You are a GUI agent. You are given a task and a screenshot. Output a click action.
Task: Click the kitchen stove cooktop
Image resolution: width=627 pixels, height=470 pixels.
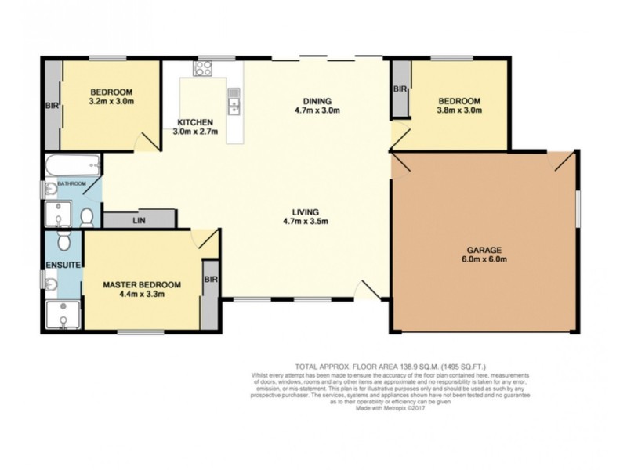pos(202,69)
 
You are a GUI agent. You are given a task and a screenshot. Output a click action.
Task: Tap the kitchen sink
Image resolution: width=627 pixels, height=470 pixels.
pos(234,101)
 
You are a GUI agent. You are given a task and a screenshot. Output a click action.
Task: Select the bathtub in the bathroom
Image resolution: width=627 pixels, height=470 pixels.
pos(71,166)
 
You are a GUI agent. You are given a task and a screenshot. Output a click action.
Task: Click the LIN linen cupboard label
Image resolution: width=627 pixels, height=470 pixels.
pos(140,221)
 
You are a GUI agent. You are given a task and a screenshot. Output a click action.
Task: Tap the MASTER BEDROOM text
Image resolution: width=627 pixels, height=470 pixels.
pos(142,284)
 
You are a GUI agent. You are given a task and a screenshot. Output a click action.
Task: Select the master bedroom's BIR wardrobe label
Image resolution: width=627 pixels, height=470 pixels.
pos(210,279)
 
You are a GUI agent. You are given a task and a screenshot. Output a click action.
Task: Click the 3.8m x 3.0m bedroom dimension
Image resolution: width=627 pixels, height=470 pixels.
pos(459,110)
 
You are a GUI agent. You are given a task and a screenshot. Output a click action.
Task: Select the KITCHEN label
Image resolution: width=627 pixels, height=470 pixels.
pos(194,122)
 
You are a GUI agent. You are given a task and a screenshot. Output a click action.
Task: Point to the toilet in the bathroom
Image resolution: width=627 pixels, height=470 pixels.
pos(88,215)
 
